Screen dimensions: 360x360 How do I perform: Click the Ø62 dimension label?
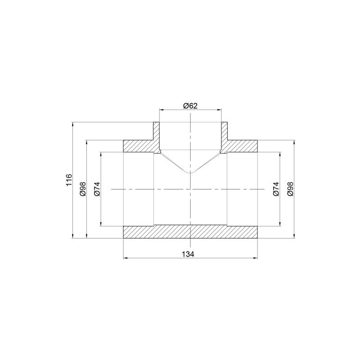190,106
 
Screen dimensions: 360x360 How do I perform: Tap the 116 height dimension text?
69,180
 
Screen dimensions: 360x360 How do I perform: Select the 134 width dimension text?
188,254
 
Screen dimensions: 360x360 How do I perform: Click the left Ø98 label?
83,189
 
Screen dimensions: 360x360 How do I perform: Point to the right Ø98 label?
290,189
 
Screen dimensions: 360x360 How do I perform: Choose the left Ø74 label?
97,189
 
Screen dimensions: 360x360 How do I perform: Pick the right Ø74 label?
276,189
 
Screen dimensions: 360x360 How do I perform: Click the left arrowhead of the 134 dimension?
126,258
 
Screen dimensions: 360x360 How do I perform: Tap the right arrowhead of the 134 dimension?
255,258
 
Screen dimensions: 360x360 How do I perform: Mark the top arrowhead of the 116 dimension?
73,124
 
